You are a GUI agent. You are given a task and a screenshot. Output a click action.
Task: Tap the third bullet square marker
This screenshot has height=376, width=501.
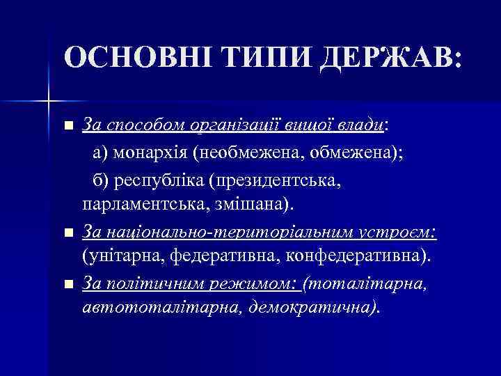coord(67,283)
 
